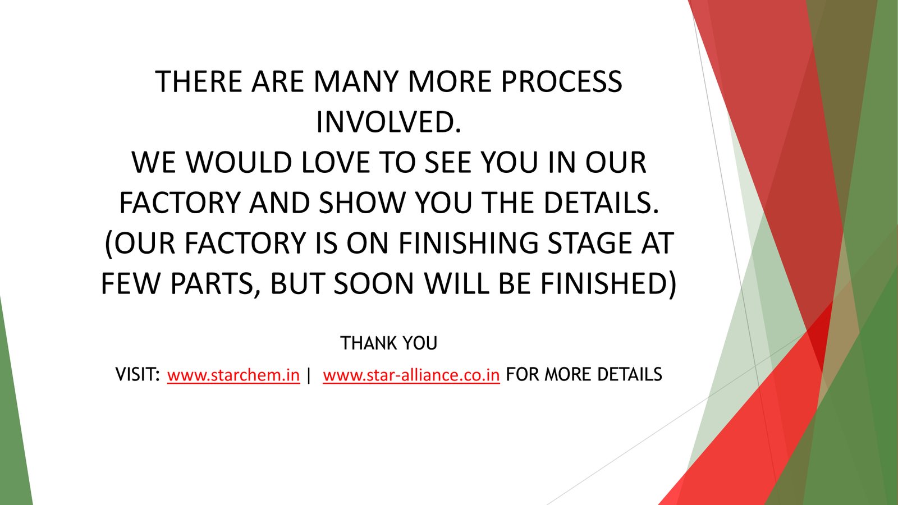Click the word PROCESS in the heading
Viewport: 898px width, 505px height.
(x=561, y=82)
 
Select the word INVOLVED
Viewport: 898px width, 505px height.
(x=388, y=122)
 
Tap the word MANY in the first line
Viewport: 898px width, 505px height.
(x=356, y=82)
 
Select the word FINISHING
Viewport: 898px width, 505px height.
(x=468, y=243)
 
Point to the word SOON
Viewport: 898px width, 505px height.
(x=374, y=284)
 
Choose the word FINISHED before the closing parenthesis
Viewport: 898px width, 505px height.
(x=604, y=284)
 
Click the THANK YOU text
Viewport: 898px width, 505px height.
(x=388, y=343)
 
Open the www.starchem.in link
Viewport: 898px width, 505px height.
(x=233, y=375)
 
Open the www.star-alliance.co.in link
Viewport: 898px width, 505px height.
(x=411, y=375)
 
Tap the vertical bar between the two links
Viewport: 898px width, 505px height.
(x=308, y=375)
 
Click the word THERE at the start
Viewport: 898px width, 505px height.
(x=199, y=82)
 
